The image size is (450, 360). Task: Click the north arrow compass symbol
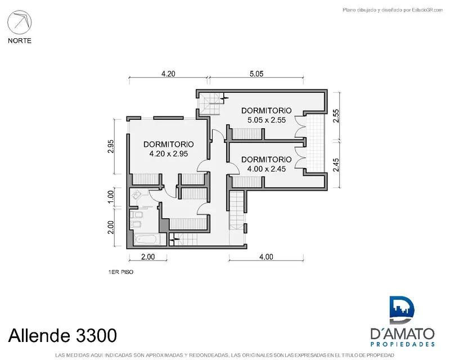click(x=20, y=22)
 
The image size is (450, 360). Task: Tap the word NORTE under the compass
click(x=20, y=40)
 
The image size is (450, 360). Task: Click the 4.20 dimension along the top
click(x=168, y=74)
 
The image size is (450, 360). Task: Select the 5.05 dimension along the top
click(x=256, y=74)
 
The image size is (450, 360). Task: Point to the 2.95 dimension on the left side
click(x=111, y=146)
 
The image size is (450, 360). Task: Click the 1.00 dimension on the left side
click(x=111, y=197)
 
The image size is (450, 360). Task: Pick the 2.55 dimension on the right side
click(x=336, y=116)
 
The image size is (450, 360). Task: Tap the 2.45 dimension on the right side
click(x=336, y=165)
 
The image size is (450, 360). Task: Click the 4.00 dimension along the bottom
click(x=266, y=256)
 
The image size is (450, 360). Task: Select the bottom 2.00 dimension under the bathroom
click(x=148, y=256)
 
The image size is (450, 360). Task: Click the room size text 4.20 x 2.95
click(x=168, y=154)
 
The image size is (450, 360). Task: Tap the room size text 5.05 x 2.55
click(x=267, y=120)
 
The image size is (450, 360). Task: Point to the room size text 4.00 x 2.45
click(x=267, y=169)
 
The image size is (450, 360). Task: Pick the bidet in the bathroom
click(x=136, y=224)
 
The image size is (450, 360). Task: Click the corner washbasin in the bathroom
click(x=136, y=196)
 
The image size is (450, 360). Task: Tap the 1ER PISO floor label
click(x=121, y=272)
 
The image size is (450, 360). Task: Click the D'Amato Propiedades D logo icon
click(x=402, y=310)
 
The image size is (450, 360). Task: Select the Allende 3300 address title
click(x=62, y=335)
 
